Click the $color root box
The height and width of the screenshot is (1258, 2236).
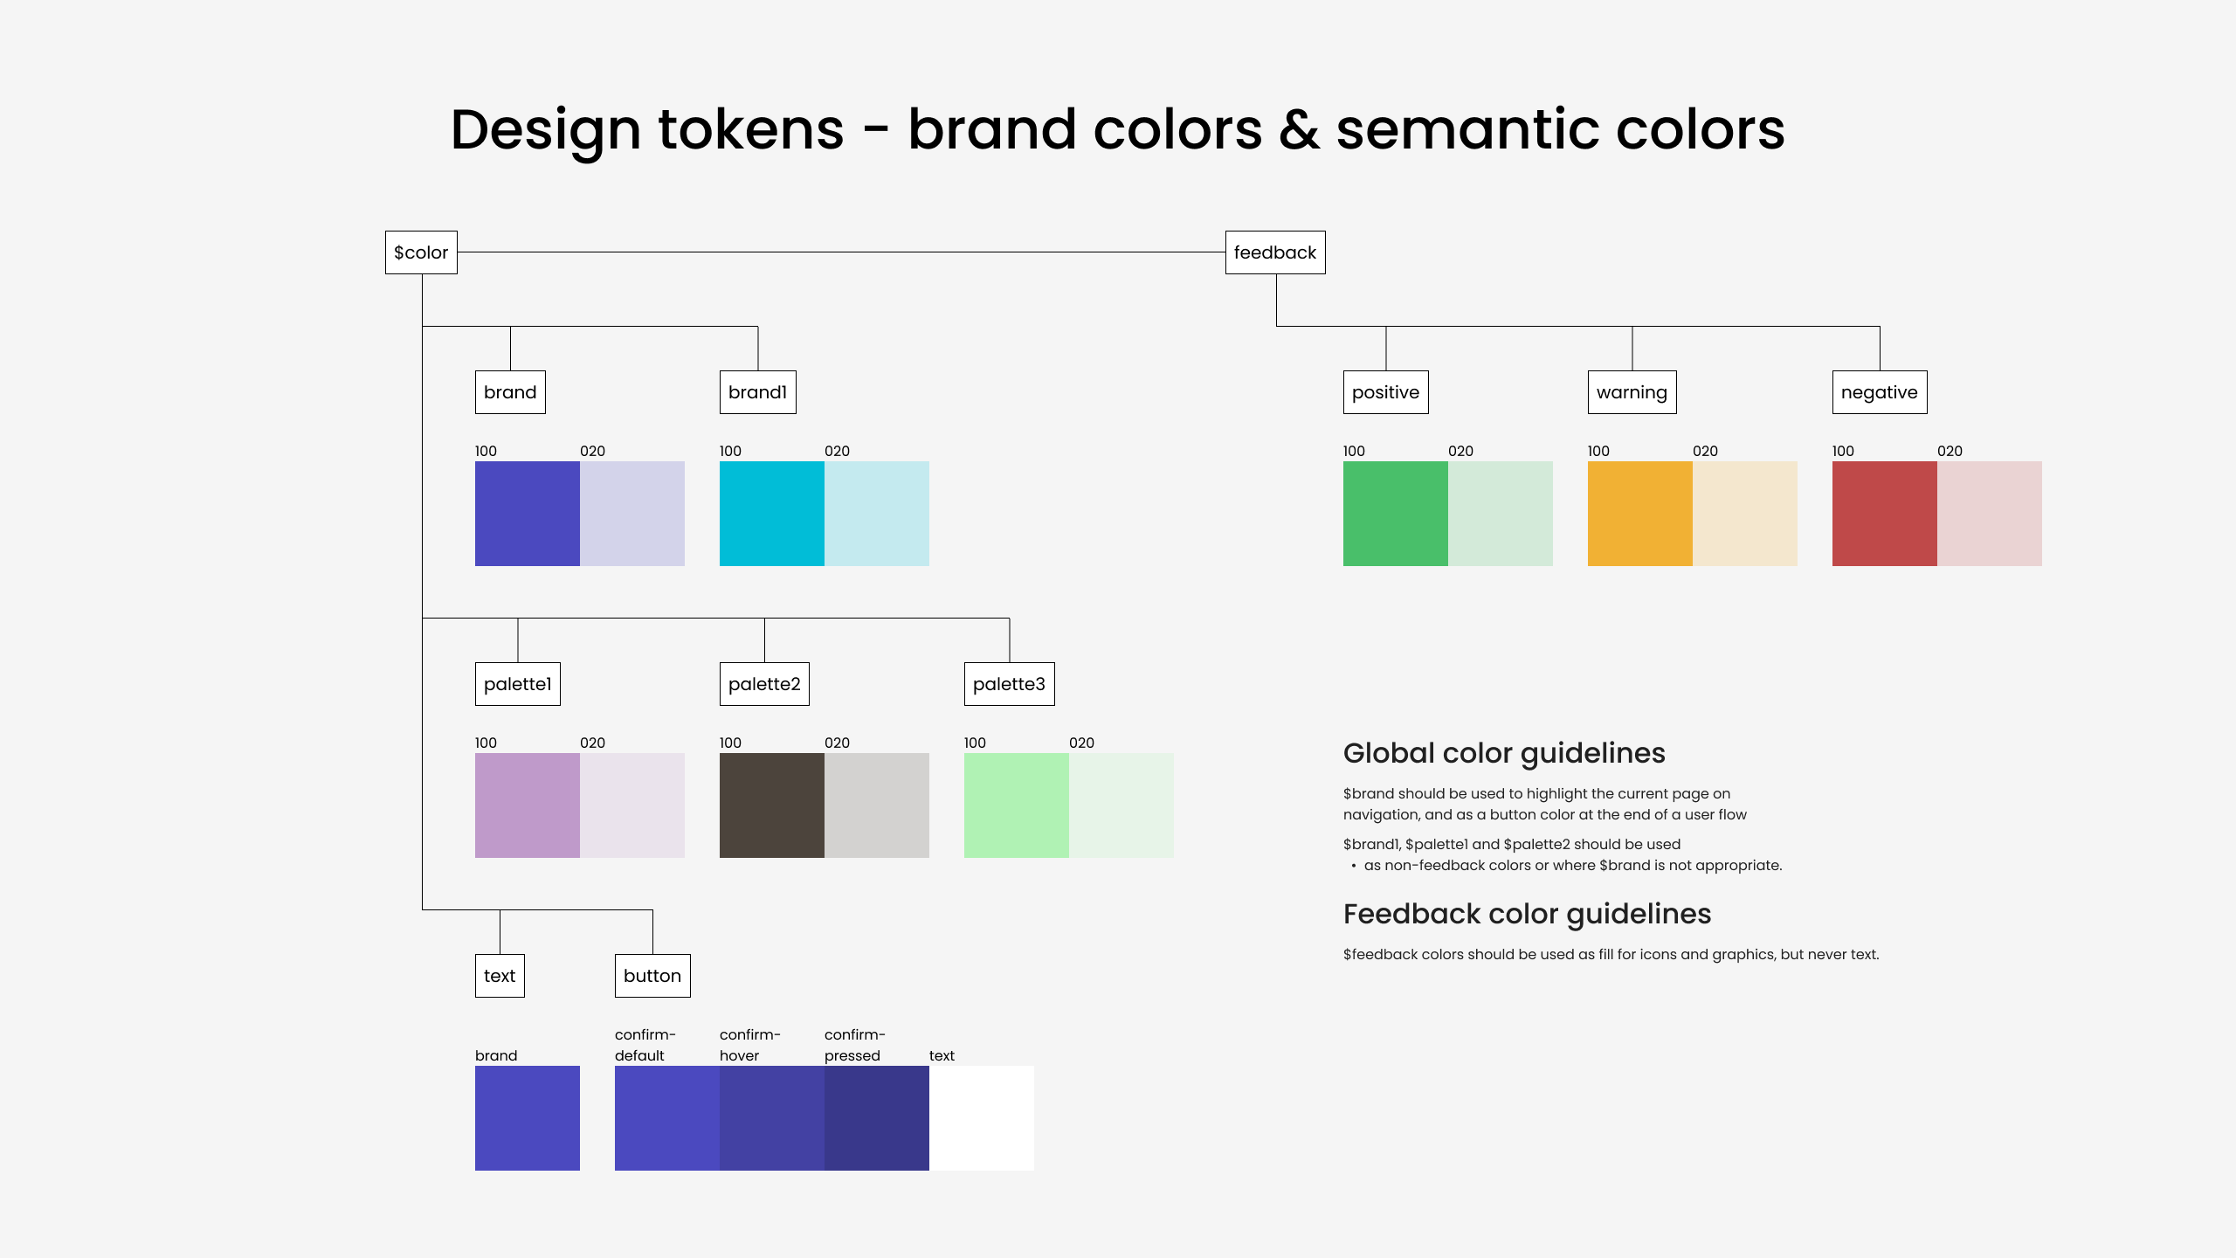(421, 252)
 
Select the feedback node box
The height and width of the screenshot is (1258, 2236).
(1275, 252)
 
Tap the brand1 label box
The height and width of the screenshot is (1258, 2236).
(757, 392)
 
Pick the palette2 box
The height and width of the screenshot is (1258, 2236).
(764, 684)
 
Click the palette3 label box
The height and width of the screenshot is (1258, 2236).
(1009, 684)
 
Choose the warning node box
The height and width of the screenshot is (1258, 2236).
(1632, 392)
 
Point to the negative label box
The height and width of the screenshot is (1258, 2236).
(1880, 392)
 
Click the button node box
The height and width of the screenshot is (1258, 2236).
(652, 976)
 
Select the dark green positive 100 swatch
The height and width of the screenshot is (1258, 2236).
(1396, 514)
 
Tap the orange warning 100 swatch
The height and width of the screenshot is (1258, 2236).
(1640, 514)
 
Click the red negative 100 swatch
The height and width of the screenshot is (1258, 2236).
(1885, 514)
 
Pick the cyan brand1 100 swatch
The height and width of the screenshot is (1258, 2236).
(772, 514)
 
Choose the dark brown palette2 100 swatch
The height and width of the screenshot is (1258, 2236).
(772, 805)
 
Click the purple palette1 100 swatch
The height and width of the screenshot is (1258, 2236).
(528, 805)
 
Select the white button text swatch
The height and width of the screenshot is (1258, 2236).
(982, 1118)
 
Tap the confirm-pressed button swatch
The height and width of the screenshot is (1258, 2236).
(877, 1118)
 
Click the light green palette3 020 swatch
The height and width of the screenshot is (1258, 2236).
(1121, 805)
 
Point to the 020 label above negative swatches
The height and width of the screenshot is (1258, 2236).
(1950, 451)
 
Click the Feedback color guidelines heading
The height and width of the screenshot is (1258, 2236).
(1527, 914)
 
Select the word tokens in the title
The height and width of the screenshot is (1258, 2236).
(751, 129)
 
